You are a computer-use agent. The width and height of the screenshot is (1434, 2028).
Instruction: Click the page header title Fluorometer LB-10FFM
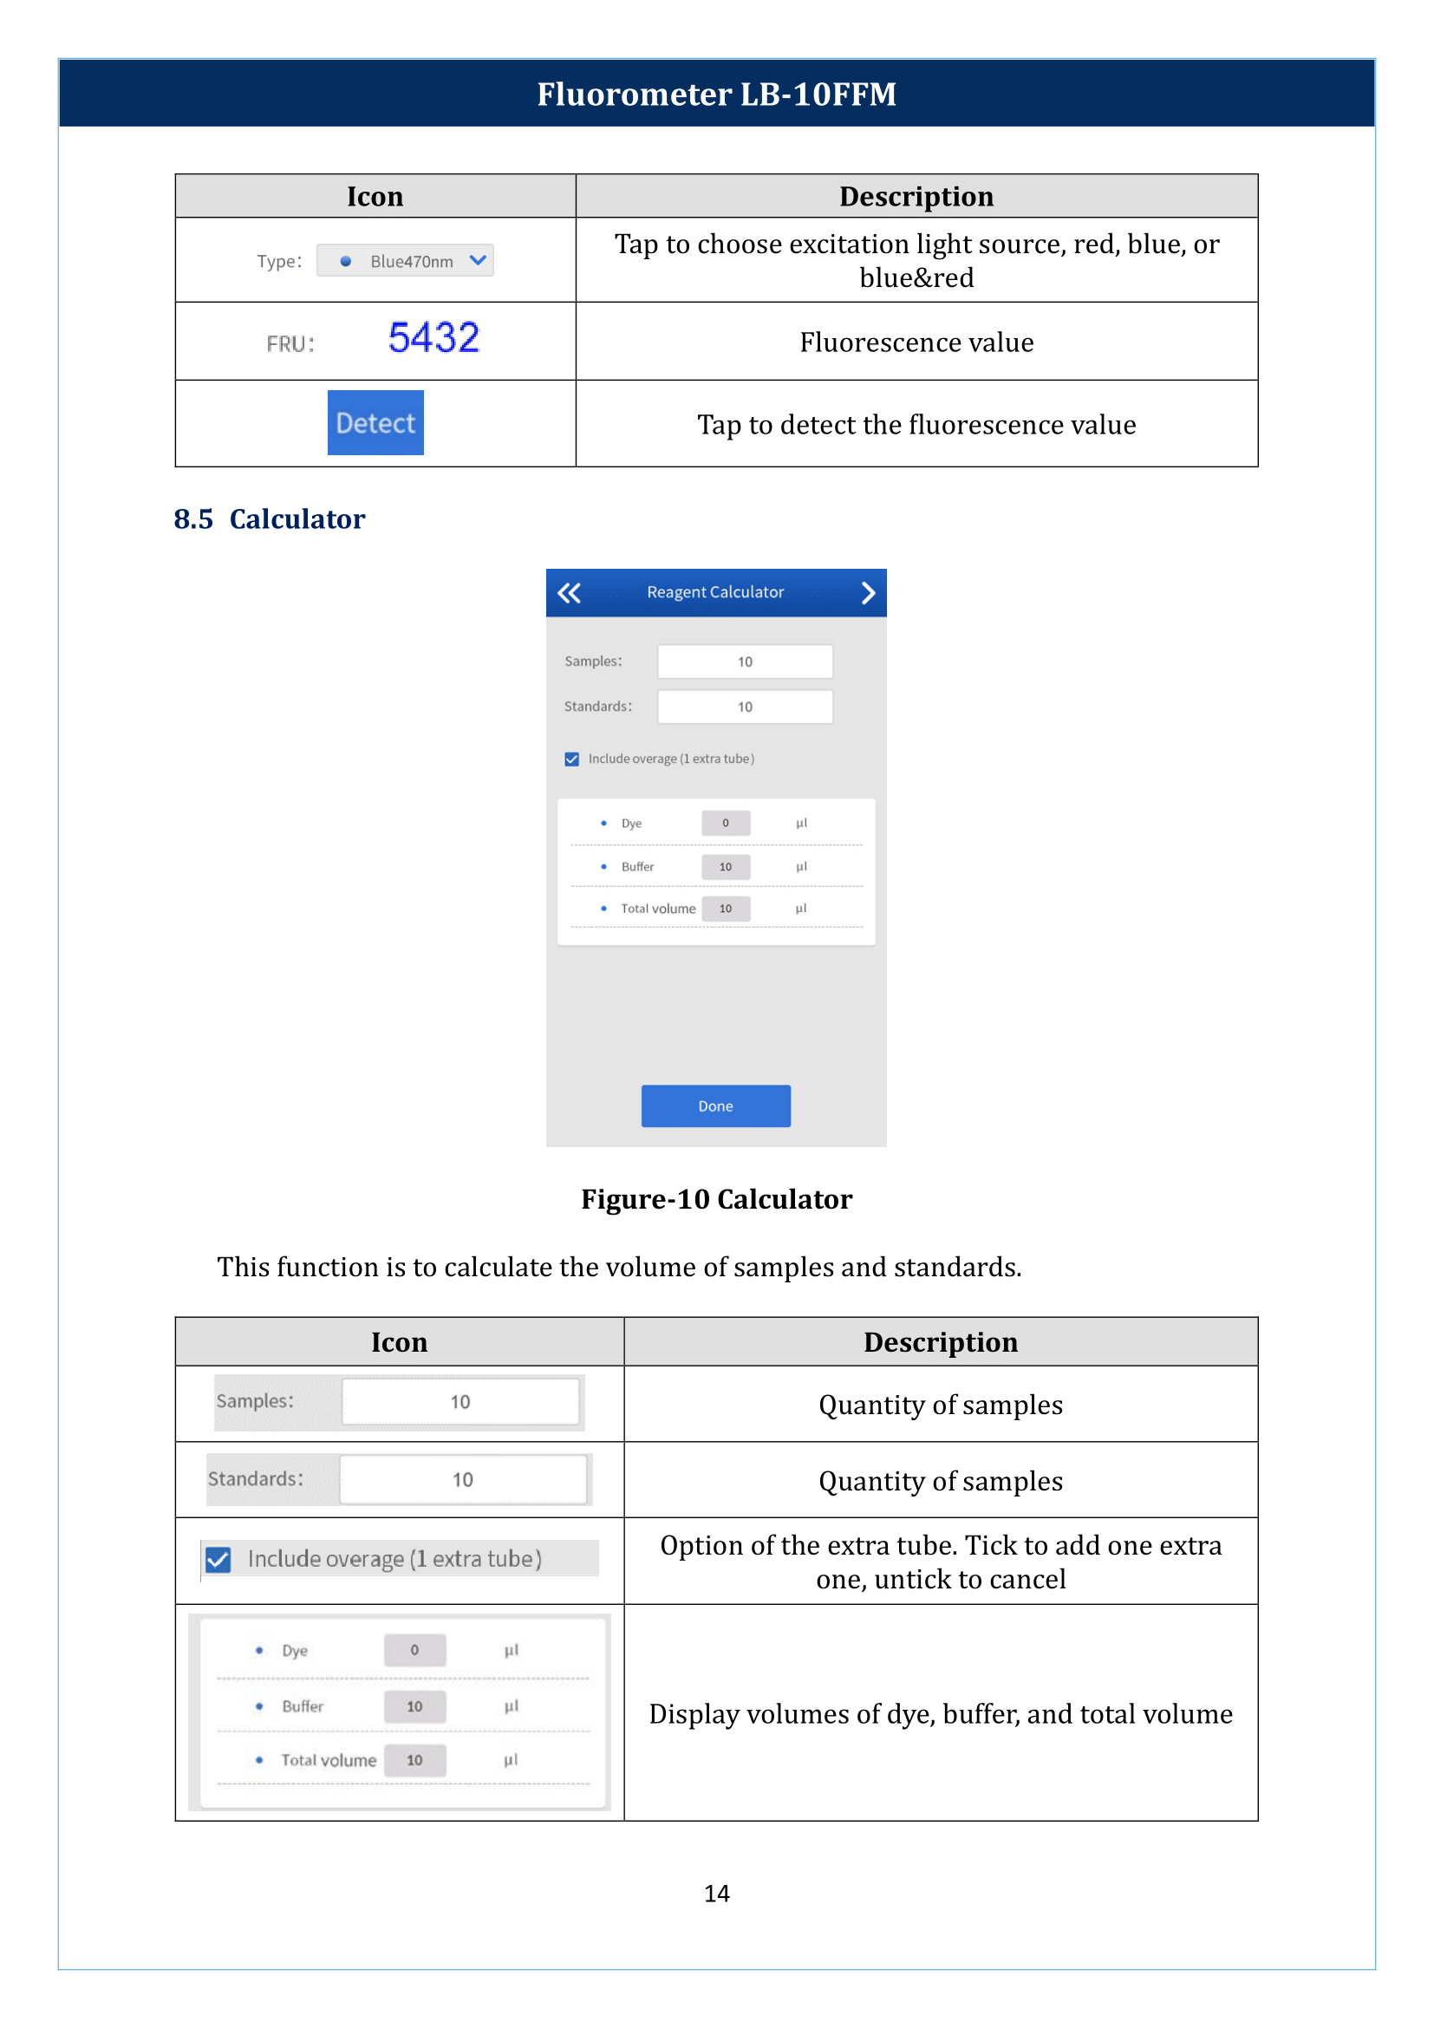716,94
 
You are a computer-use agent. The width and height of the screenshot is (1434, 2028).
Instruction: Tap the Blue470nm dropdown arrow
478,260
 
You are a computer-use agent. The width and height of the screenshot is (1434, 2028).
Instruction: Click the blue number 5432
433,337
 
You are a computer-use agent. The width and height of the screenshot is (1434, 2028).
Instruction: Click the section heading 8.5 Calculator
270,518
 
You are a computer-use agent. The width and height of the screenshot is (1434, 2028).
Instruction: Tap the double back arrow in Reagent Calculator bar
570,593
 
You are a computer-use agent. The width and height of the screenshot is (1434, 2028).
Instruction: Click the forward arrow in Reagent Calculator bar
868,593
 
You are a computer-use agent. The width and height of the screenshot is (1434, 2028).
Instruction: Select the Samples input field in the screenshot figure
745,662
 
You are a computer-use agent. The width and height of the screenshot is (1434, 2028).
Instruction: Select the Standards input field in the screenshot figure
745,707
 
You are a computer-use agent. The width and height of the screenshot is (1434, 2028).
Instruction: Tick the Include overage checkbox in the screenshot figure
572,759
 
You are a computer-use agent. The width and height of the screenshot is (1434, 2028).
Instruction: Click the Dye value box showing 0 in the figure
726,823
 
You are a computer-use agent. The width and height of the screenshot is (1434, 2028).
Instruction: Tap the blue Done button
715,1105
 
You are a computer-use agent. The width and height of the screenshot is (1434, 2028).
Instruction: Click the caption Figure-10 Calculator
716,1198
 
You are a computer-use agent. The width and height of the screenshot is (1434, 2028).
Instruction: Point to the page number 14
716,1894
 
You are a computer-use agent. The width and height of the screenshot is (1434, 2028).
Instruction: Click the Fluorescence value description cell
916,342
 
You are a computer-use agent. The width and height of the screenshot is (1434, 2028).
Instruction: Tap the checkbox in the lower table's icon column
218,1559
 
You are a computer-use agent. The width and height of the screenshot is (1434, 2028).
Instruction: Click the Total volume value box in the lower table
414,1759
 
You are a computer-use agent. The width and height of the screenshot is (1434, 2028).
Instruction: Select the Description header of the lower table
941,1341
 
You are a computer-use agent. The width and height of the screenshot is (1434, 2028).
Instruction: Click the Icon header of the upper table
375,196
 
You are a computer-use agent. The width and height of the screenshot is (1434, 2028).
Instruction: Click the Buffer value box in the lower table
414,1706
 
